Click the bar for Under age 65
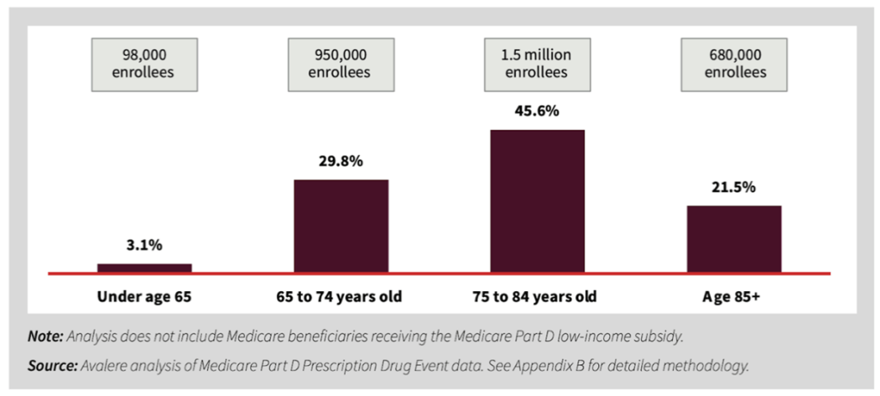coord(144,268)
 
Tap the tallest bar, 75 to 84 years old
coord(537,201)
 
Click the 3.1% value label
coord(144,246)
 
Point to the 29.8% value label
coord(341,162)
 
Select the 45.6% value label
coord(537,113)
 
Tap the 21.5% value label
coord(734,187)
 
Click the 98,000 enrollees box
coord(144,64)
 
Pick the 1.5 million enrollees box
coord(536,64)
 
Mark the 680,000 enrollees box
coord(735,64)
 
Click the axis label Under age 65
coord(144,297)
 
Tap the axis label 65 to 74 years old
coord(341,297)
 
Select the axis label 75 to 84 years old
coord(537,297)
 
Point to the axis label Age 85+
coord(734,297)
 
